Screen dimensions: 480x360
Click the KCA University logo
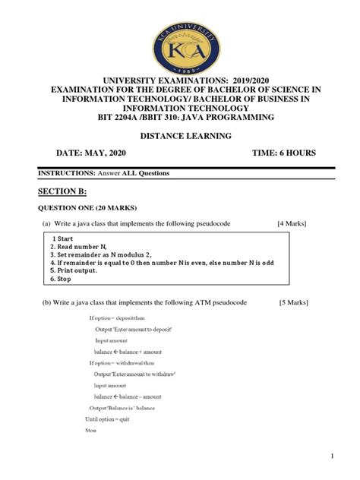(180, 39)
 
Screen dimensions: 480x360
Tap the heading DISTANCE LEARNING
(180, 136)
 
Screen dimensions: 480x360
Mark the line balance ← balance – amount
(128, 396)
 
